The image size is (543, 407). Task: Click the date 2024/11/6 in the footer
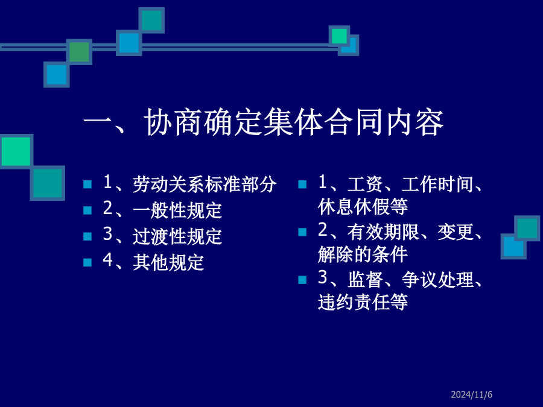point(471,394)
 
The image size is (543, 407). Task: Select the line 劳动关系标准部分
point(205,184)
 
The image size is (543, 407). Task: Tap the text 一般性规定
point(177,210)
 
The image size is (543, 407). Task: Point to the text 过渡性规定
point(177,236)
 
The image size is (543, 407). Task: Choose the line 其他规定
point(168,262)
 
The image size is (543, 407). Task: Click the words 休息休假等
point(363,207)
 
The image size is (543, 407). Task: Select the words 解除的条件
point(363,254)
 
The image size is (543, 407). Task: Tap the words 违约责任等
point(363,302)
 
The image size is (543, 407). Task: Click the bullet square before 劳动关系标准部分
point(87,184)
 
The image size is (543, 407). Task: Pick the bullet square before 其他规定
point(87,262)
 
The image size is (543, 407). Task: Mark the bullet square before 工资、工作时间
point(302,184)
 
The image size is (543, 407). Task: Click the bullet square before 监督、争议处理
point(302,280)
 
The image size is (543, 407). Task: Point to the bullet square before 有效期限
point(302,232)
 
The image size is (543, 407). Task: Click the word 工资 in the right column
point(365,184)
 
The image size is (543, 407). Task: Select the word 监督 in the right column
point(365,279)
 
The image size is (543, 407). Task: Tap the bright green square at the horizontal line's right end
point(339,36)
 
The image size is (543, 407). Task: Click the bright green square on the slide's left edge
point(16,151)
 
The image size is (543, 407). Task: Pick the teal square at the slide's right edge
point(527,229)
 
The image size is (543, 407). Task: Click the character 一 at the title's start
point(98,122)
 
